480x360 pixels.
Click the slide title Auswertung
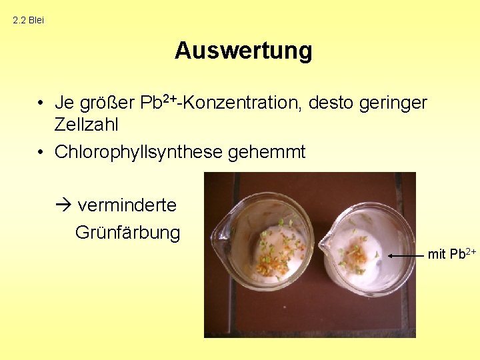point(243,51)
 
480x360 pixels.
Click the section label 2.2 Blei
point(28,20)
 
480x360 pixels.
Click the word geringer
point(393,103)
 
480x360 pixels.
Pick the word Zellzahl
point(86,124)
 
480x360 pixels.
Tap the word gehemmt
point(267,152)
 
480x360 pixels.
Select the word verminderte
point(127,205)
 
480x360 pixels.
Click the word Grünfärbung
point(127,233)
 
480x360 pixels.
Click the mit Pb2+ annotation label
point(451,254)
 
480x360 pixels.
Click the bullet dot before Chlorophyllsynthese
point(41,153)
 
